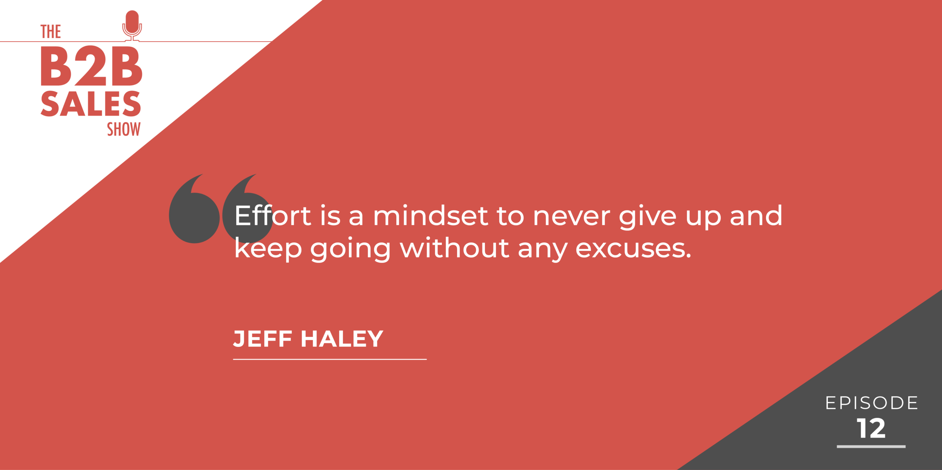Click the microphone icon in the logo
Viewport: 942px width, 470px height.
click(x=132, y=26)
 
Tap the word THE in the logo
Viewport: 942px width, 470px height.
click(x=50, y=32)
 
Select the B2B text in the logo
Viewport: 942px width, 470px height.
click(x=91, y=67)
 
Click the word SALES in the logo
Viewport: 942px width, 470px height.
click(x=91, y=104)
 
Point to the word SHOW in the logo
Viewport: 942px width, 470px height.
click(x=124, y=129)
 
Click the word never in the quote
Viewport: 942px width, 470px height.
click(x=571, y=217)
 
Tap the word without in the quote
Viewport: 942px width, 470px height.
click(x=454, y=248)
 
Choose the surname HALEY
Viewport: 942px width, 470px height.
click(x=342, y=339)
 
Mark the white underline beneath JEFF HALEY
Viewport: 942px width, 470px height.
click(x=330, y=359)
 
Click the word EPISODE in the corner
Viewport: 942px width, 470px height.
click(x=872, y=403)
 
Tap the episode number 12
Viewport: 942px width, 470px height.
click(x=871, y=428)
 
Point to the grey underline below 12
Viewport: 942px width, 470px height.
click(x=871, y=446)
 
